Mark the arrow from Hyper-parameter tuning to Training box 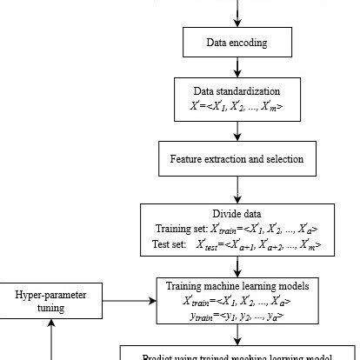point(130,301)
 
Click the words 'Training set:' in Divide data point(179,229)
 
